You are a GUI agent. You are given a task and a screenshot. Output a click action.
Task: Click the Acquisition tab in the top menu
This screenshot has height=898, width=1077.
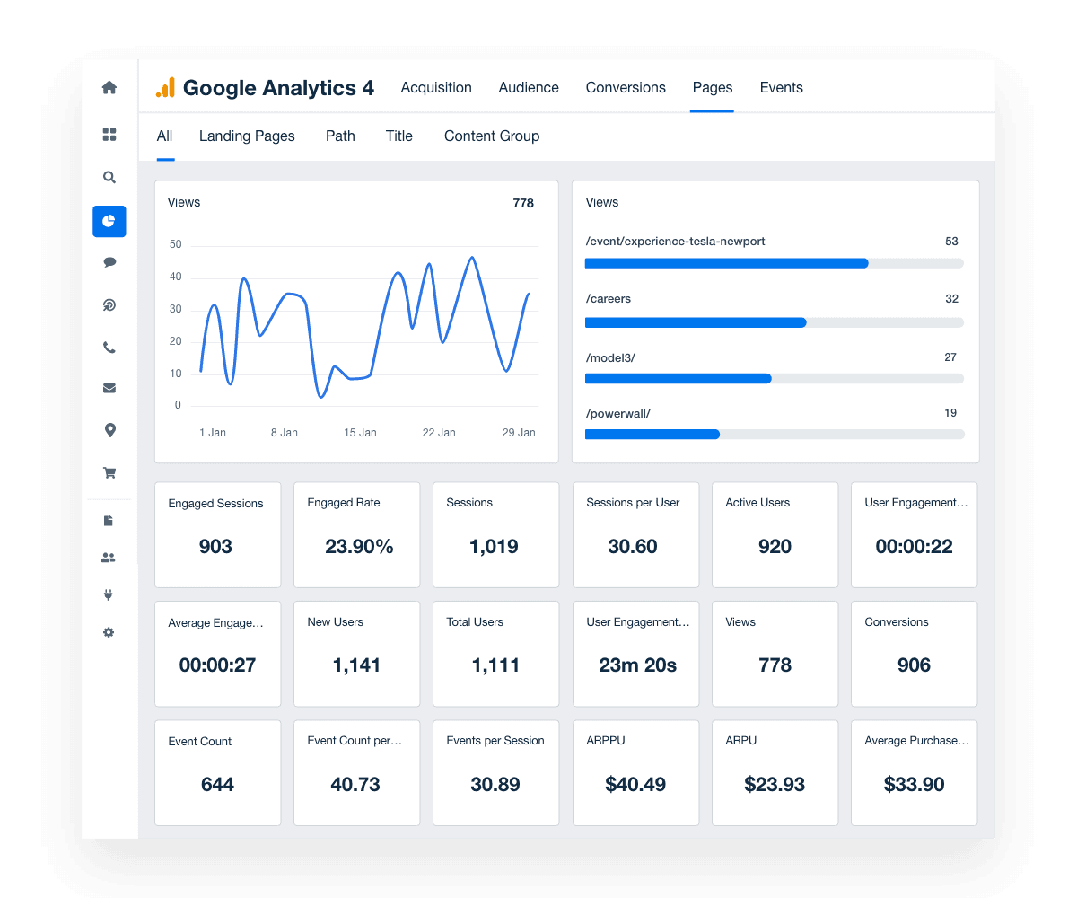click(x=436, y=88)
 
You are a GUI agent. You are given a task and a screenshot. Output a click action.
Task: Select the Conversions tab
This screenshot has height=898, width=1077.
click(x=626, y=88)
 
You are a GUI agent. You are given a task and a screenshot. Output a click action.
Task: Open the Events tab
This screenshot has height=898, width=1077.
click(x=781, y=88)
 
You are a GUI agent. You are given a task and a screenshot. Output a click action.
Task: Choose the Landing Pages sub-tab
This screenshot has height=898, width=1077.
click(x=247, y=136)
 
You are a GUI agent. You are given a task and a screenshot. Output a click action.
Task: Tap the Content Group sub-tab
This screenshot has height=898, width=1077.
click(x=492, y=136)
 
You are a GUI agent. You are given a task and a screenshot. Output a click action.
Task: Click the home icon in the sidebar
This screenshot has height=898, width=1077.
click(x=109, y=88)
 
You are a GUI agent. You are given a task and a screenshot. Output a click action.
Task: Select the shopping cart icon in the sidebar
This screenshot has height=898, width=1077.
click(x=109, y=473)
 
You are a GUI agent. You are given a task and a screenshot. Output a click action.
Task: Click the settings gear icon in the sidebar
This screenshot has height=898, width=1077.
click(x=109, y=633)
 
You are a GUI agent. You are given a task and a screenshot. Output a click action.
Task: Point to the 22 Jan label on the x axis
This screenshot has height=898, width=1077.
click(x=439, y=433)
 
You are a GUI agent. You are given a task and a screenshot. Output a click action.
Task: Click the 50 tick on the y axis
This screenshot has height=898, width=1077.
click(x=175, y=245)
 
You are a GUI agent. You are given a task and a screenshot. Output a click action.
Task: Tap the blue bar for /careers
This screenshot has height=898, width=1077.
click(x=696, y=322)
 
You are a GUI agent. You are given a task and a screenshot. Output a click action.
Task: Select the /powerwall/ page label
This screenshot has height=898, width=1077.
click(x=617, y=414)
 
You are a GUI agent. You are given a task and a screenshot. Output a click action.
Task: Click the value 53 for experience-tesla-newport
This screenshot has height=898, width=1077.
click(x=951, y=242)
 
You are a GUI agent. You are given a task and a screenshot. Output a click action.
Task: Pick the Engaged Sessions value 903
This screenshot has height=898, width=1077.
click(x=216, y=547)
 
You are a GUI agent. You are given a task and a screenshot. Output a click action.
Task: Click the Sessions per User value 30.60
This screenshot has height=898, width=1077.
click(x=633, y=547)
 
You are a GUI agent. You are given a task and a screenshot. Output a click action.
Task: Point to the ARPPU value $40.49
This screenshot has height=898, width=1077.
click(x=635, y=785)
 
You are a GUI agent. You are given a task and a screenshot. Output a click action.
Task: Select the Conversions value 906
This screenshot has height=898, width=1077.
click(x=914, y=665)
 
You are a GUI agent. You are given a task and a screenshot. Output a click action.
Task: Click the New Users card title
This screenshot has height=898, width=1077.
click(x=335, y=622)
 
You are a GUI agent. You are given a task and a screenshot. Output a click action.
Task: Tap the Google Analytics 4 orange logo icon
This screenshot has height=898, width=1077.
click(x=165, y=88)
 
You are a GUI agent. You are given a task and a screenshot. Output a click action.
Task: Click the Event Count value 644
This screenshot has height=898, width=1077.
click(x=217, y=785)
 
